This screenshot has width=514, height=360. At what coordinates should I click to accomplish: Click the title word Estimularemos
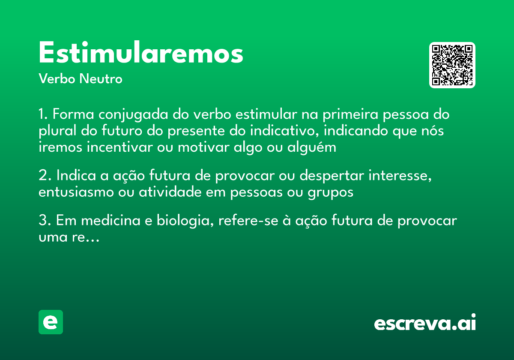141,53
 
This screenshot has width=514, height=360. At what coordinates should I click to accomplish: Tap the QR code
452,65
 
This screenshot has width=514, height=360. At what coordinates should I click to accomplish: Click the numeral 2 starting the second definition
42,176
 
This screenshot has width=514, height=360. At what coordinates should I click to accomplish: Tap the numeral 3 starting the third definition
42,221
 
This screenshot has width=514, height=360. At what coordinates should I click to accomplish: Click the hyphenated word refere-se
245,221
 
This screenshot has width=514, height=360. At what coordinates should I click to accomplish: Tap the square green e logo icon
51,322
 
